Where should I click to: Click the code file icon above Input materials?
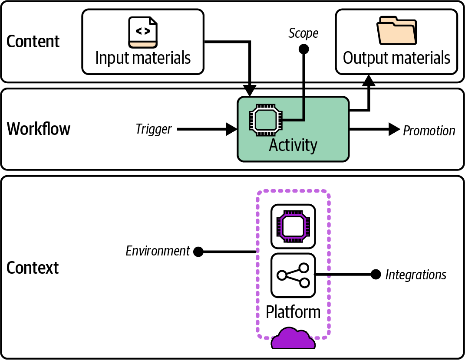click(x=143, y=32)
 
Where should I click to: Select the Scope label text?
click(x=303, y=33)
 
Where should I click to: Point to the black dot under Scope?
click(x=304, y=49)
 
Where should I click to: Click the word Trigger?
click(x=154, y=129)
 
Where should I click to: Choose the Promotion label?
click(x=429, y=131)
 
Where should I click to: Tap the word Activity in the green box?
click(x=293, y=145)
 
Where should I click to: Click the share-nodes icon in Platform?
click(x=293, y=275)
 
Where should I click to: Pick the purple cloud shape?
click(x=293, y=339)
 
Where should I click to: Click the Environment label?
click(x=158, y=251)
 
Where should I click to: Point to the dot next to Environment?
click(x=198, y=252)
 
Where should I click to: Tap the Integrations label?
click(x=416, y=275)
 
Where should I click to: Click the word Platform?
click(x=293, y=312)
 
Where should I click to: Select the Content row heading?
click(x=33, y=42)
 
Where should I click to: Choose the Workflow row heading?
click(x=39, y=129)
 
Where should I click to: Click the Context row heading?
click(x=33, y=268)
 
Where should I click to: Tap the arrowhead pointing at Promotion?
click(x=394, y=129)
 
